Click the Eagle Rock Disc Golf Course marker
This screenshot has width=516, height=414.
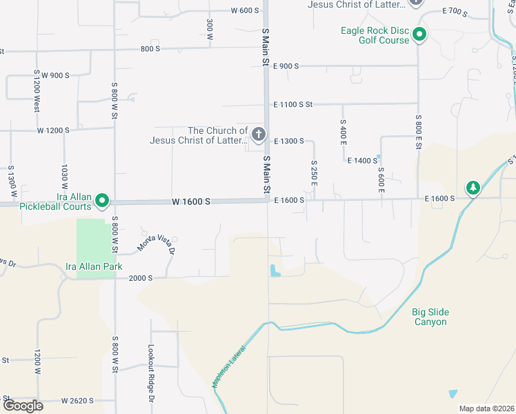[418, 34]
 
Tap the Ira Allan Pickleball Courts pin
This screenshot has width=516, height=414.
[102, 201]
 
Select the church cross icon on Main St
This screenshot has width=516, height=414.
[259, 135]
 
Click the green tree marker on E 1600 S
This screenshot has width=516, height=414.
[473, 187]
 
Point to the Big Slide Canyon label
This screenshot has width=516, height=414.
[430, 317]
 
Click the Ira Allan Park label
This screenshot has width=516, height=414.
[92, 266]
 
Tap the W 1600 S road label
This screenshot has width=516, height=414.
[191, 201]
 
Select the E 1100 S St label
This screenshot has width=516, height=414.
[293, 104]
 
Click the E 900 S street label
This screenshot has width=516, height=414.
[286, 66]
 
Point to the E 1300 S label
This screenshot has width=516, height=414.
[289, 141]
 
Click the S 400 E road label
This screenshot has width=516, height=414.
[343, 131]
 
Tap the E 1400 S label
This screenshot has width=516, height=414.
[362, 160]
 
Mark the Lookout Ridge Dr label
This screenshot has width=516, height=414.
[150, 373]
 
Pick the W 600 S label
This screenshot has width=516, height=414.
[245, 10]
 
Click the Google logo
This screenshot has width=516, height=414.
[23, 405]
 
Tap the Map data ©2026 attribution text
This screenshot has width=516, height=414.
[486, 408]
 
